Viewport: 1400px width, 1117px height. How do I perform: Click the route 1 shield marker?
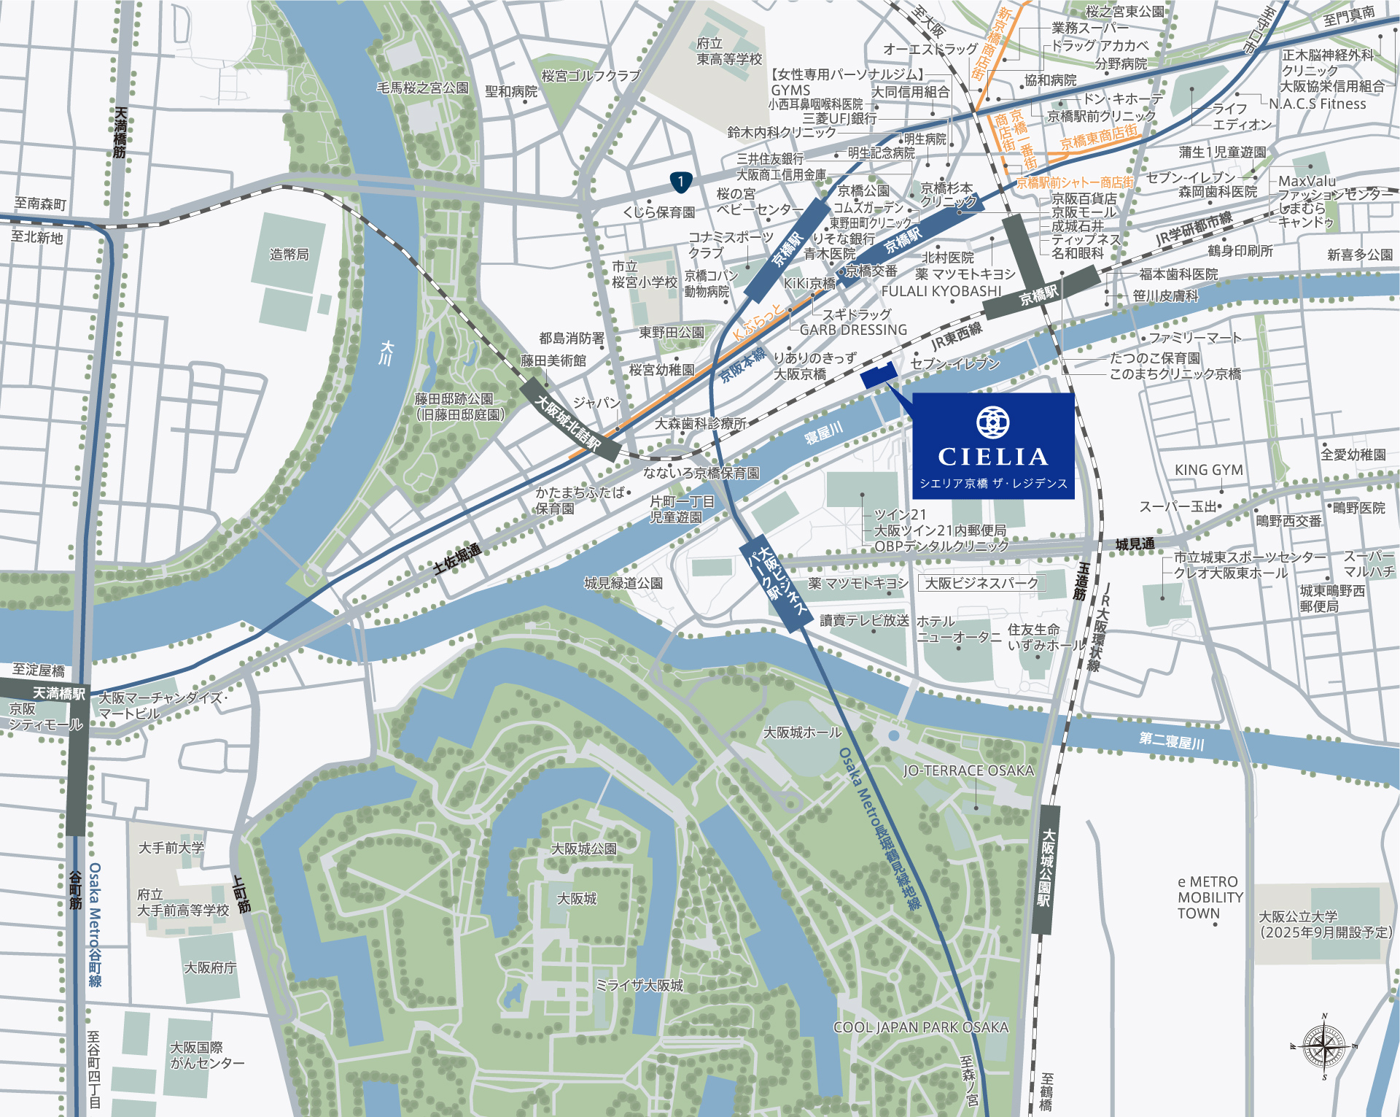(680, 181)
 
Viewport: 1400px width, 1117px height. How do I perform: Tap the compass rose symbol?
(1324, 1047)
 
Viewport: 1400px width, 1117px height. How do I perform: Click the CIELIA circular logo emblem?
(992, 422)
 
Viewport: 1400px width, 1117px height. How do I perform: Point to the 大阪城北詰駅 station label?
(569, 422)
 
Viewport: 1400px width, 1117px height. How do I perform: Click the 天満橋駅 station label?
(58, 692)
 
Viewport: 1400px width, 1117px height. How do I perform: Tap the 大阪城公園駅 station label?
(1047, 867)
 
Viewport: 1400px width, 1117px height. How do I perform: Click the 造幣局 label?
(289, 254)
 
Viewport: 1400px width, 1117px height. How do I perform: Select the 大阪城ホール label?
(802, 732)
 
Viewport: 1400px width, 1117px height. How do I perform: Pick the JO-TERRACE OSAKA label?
(968, 770)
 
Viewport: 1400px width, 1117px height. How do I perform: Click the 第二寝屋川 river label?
(1171, 741)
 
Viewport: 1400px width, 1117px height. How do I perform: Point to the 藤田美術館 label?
(553, 360)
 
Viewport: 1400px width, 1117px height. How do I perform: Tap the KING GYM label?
(1208, 470)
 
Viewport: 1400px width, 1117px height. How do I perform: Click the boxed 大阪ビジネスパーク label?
(981, 583)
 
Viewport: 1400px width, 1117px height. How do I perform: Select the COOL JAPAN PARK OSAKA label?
(920, 1027)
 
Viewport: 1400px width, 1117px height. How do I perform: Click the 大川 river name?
(387, 352)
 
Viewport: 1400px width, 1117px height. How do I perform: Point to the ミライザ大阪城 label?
(639, 985)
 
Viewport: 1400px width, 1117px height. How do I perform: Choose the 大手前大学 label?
(171, 848)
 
